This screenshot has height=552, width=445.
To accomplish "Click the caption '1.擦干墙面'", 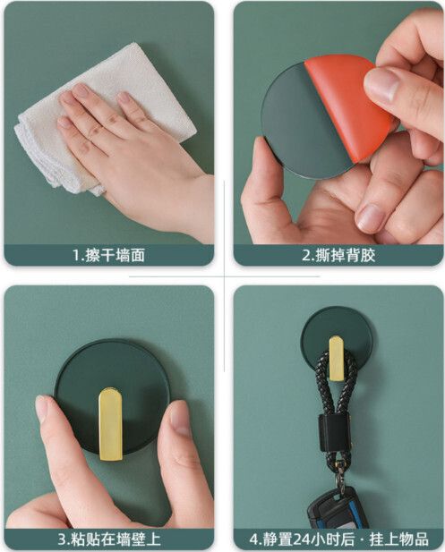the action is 109,255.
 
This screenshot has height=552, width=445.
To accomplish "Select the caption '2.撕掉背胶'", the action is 338,255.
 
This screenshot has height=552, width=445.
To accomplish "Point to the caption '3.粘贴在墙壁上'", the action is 109,539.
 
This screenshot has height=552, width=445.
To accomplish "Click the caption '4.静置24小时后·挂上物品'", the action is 338,539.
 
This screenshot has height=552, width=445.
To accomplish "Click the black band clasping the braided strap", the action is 334,433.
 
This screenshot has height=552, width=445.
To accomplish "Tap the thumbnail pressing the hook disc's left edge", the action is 42,409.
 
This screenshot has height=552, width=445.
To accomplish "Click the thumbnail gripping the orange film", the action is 381,83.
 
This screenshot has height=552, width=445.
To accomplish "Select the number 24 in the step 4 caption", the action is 303,539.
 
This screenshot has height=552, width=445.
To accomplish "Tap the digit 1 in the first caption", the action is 77,255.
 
